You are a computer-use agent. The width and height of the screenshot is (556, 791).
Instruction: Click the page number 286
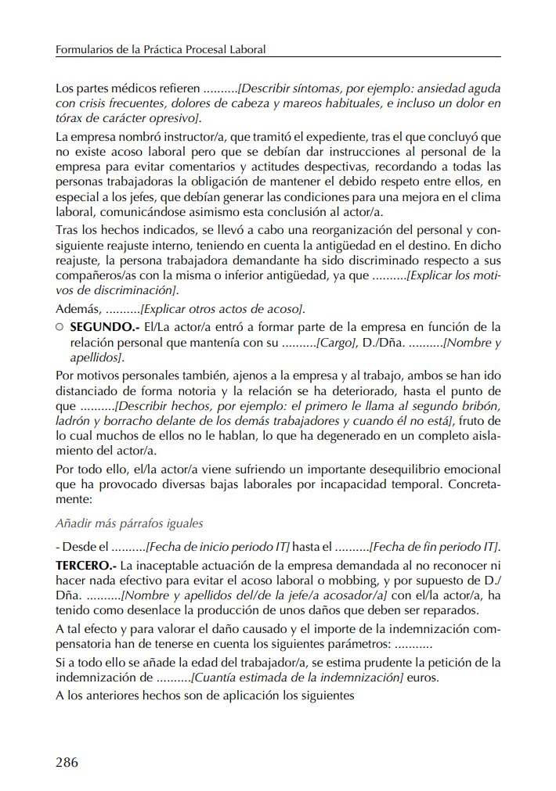67,763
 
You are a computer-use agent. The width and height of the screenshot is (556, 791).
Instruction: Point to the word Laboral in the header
247,49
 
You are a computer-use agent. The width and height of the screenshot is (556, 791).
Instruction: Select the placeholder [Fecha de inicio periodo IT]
218,545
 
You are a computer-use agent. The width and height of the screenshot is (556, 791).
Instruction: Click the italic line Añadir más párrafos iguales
129,523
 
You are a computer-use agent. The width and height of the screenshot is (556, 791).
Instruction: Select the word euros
423,678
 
